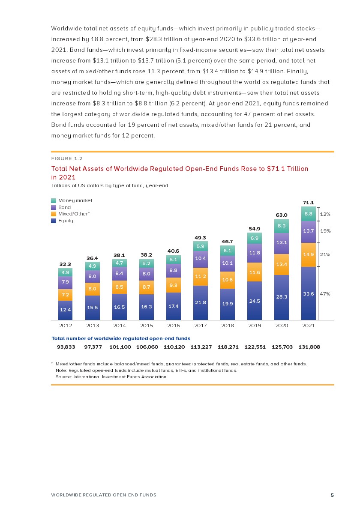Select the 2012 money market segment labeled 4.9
click(65, 272)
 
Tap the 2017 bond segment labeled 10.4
click(200, 258)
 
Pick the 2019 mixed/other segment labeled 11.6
click(254, 272)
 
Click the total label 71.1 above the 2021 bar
click(309, 203)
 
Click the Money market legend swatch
click(54, 200)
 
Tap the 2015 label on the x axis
click(147, 326)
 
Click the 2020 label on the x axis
click(281, 326)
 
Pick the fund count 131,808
click(309, 347)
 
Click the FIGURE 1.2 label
click(67, 158)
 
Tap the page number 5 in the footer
click(332, 495)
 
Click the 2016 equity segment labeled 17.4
click(173, 306)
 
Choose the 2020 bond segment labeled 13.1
click(281, 242)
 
